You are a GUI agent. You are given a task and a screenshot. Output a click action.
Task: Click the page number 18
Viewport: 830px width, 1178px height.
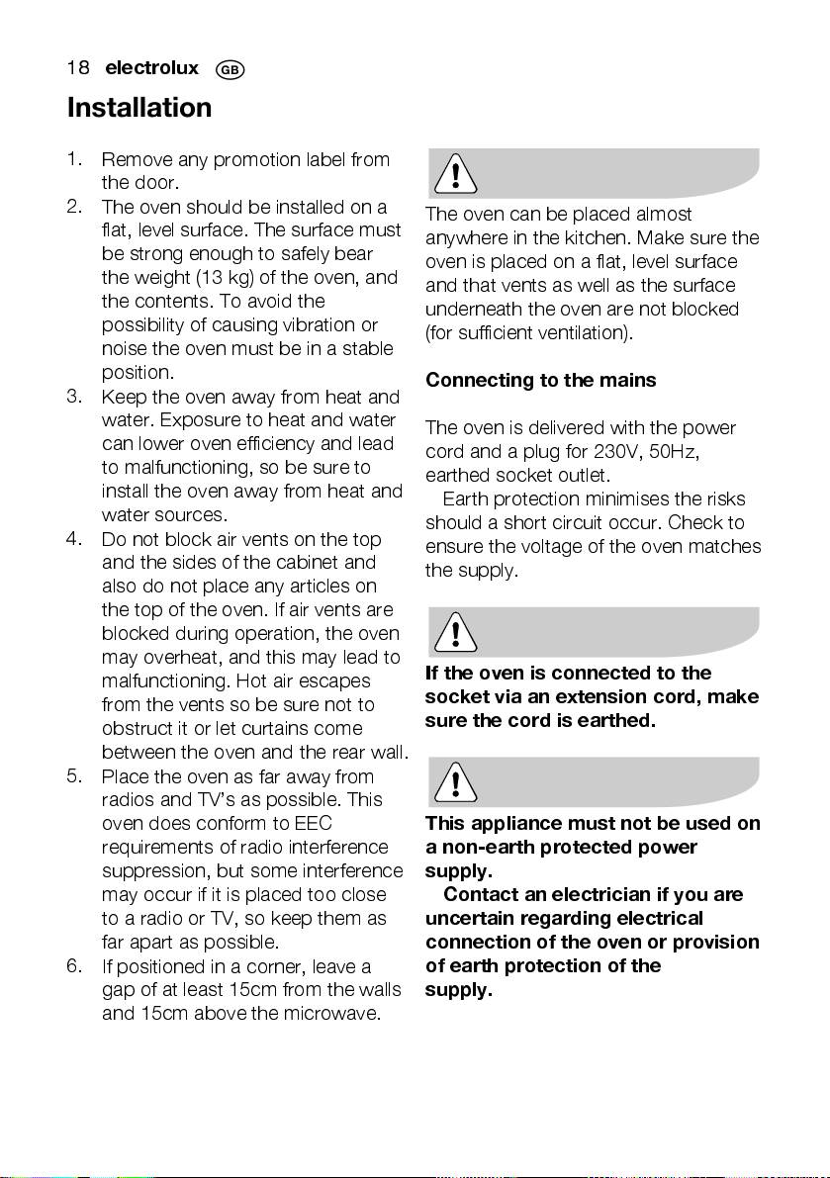pos(78,68)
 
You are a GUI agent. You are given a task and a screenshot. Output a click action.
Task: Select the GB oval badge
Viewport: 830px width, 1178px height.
pos(230,69)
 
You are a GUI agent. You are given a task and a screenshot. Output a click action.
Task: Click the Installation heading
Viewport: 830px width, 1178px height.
pos(139,107)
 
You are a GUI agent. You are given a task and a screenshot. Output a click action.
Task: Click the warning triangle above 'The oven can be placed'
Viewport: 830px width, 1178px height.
pos(454,175)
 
